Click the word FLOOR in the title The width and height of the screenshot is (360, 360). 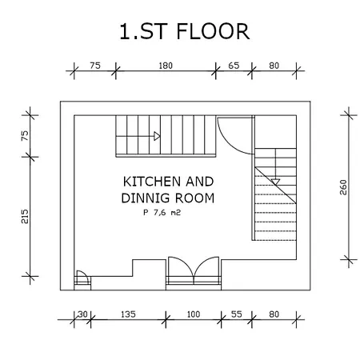pyautogui.click(x=213, y=31)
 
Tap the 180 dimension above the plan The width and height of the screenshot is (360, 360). pyautogui.click(x=166, y=66)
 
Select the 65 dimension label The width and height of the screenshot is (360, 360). pyautogui.click(x=234, y=66)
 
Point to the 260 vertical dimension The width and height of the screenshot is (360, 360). pyautogui.click(x=343, y=187)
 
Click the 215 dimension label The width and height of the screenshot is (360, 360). pyautogui.click(x=25, y=216)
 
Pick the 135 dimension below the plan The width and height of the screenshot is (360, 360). pyautogui.click(x=128, y=314)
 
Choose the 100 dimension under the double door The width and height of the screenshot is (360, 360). pyautogui.click(x=194, y=314)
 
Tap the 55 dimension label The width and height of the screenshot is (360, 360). pyautogui.click(x=236, y=314)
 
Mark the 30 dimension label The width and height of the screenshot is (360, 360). pyautogui.click(x=82, y=314)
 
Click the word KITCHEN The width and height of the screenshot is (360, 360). pyautogui.click(x=152, y=182)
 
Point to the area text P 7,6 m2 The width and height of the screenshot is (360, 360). pyautogui.click(x=162, y=213)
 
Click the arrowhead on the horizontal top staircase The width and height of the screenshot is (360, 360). pyautogui.click(x=157, y=136)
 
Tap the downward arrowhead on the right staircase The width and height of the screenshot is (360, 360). pyautogui.click(x=275, y=182)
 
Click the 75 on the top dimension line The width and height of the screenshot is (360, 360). pyautogui.click(x=95, y=66)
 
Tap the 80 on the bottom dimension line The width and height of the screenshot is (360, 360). pyautogui.click(x=274, y=314)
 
